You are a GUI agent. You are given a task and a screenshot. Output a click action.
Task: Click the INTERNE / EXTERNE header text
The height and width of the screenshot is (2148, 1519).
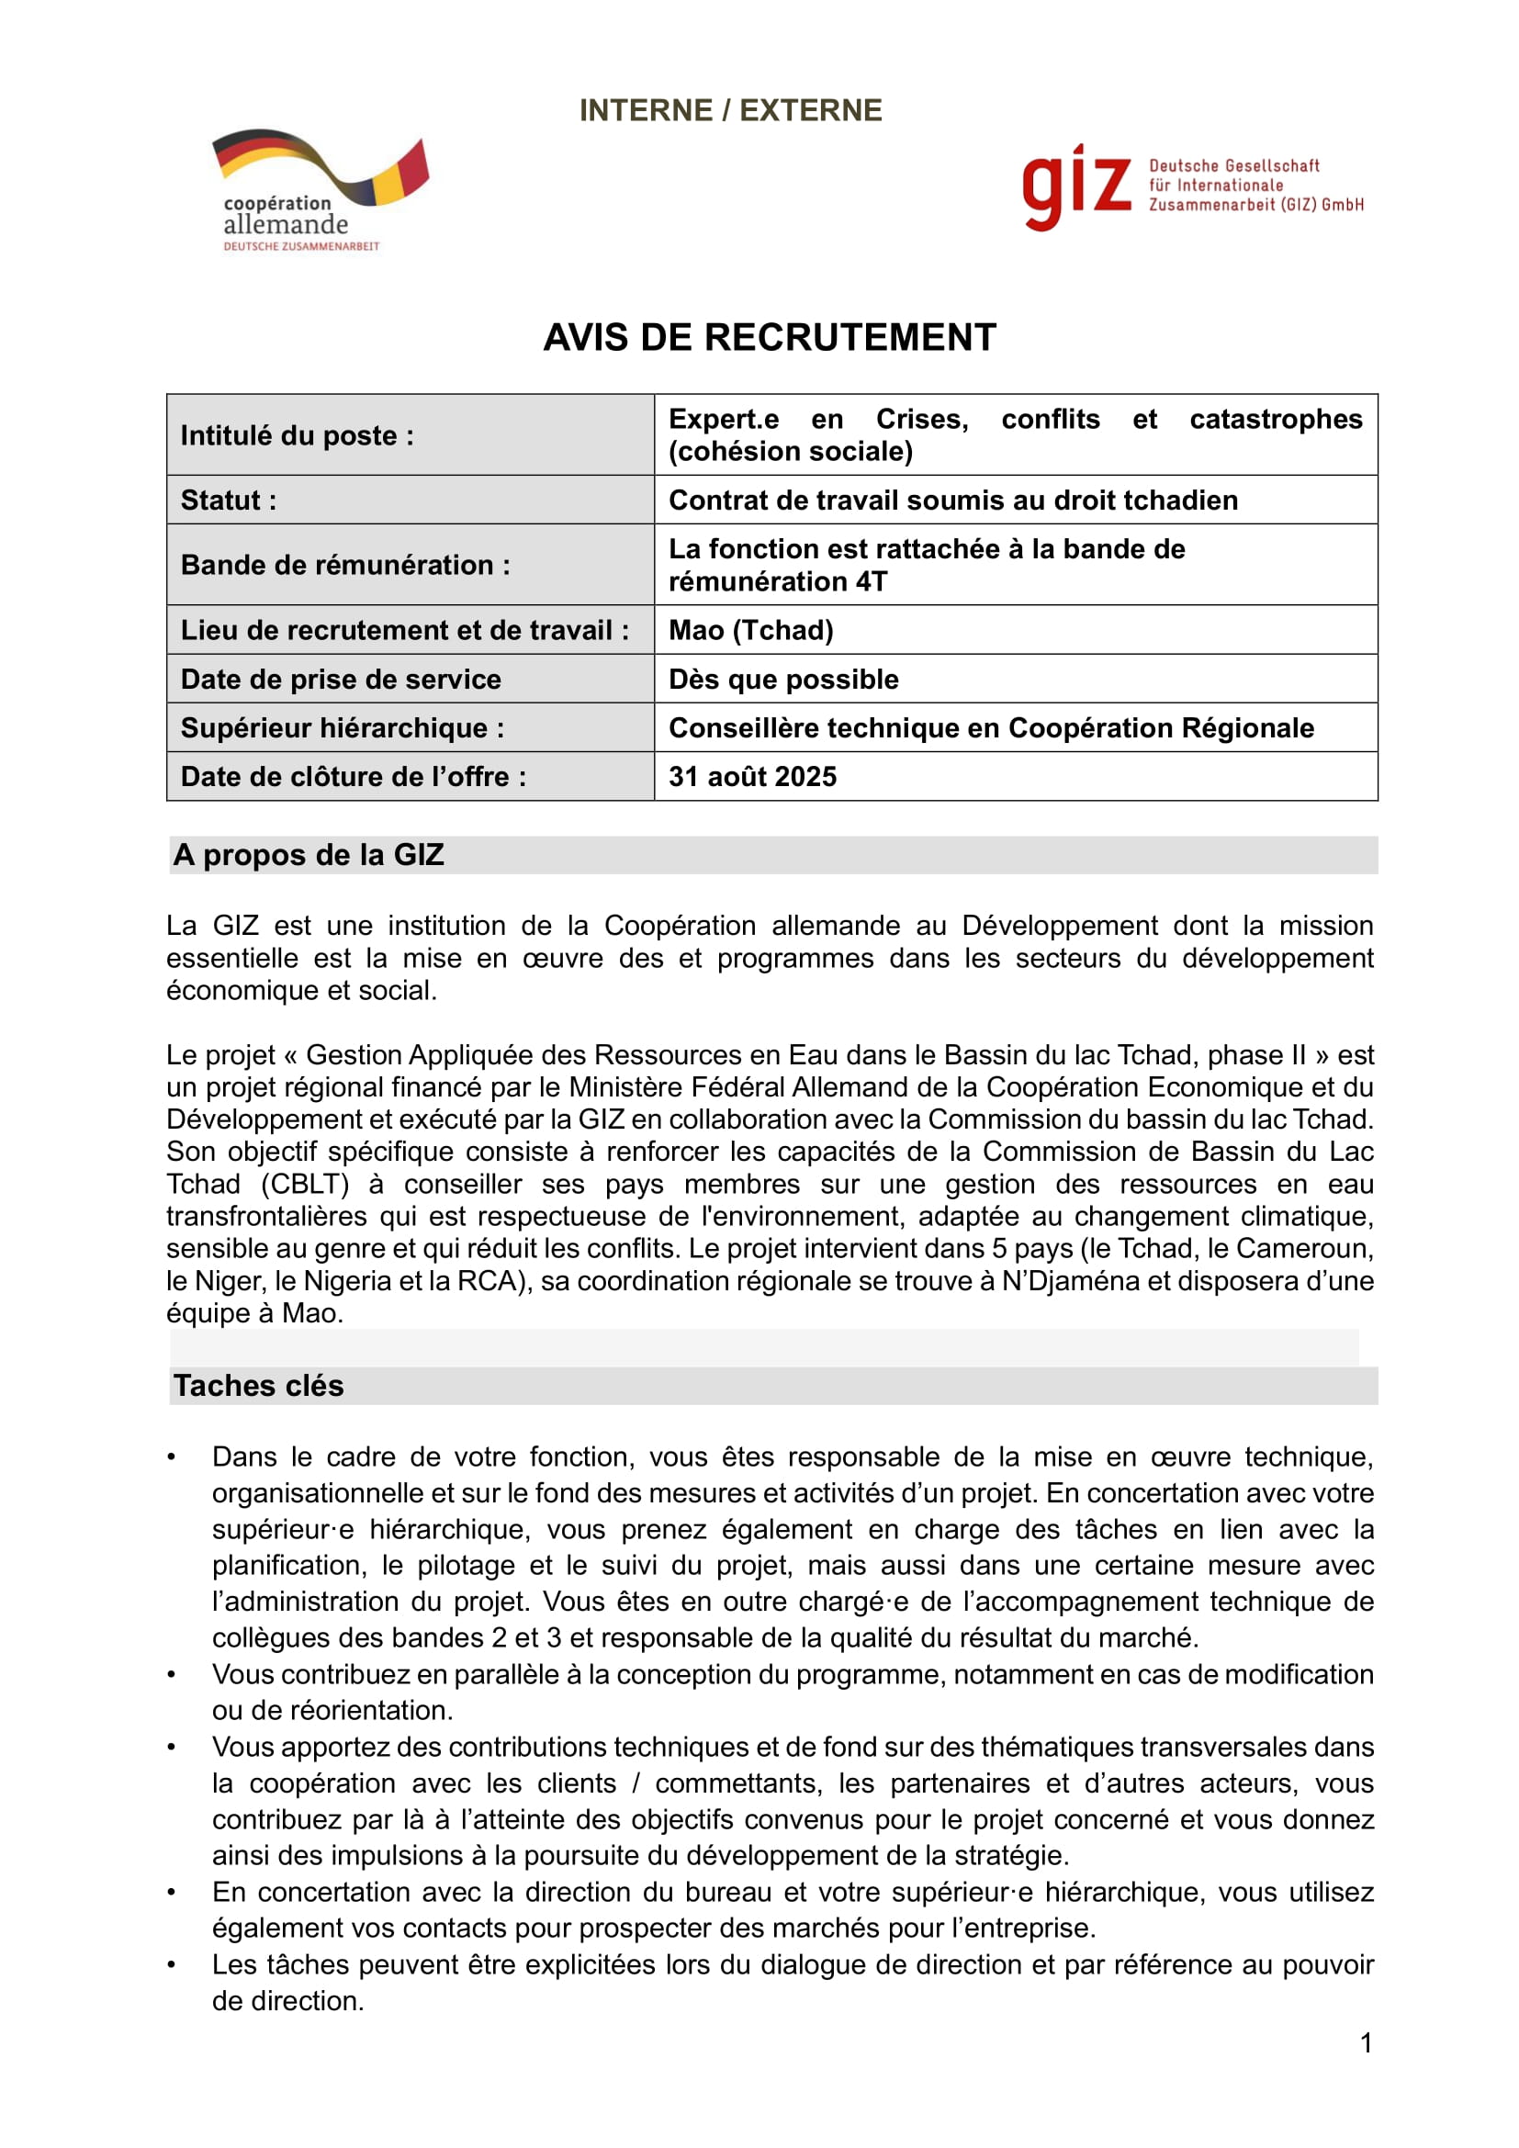point(729,110)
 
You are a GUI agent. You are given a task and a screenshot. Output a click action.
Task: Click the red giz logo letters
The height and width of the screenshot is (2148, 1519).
point(1075,186)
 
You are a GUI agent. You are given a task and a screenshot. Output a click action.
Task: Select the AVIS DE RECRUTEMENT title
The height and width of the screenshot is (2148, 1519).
point(769,338)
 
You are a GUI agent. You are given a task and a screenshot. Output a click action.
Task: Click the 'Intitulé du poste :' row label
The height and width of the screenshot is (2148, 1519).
point(297,435)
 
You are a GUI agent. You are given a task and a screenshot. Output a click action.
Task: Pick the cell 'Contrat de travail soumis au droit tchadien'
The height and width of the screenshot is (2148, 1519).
point(952,500)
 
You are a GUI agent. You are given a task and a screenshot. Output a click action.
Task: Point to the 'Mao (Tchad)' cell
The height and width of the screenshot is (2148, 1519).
point(750,630)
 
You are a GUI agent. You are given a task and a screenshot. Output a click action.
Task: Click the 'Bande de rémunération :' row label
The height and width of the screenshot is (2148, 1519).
point(345,564)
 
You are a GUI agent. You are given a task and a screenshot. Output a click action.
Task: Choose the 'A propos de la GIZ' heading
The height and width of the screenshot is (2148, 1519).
point(308,854)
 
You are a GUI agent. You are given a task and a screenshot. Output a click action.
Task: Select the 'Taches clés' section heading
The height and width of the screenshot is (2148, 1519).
point(258,1385)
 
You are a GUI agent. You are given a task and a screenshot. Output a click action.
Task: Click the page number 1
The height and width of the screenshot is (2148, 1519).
point(1366,2042)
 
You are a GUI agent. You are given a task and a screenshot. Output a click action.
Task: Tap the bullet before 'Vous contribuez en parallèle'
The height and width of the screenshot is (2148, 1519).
point(171,1675)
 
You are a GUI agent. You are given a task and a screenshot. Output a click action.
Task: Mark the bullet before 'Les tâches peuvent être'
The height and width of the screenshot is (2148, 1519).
point(171,1965)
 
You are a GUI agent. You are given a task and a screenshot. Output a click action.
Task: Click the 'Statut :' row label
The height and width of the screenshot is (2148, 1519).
point(229,500)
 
